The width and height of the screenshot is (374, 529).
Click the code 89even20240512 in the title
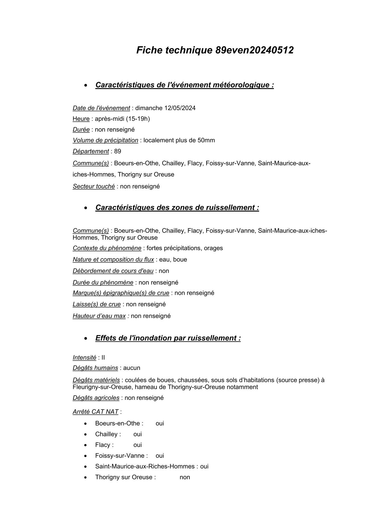coord(254,50)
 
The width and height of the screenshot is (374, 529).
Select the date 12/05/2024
coord(180,108)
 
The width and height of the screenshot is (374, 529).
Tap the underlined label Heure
coord(81,119)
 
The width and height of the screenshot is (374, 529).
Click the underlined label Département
coord(90,151)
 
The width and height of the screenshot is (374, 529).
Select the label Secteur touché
coord(93,186)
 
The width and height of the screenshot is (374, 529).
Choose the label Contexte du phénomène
coord(107,248)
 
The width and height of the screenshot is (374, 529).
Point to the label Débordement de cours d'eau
coord(113,271)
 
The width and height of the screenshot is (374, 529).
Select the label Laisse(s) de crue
coord(97,304)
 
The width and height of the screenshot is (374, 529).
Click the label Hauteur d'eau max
coord(99,316)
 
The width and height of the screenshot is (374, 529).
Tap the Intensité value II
coord(103,358)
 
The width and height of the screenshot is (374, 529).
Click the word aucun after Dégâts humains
coord(132,368)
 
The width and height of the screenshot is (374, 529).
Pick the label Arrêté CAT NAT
coord(95,412)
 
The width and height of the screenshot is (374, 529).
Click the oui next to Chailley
coord(138,434)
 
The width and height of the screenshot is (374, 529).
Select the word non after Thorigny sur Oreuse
coord(185,477)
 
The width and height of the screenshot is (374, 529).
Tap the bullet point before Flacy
coord(86,445)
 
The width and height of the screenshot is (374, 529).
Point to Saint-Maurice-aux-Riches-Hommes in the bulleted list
coord(145,466)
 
